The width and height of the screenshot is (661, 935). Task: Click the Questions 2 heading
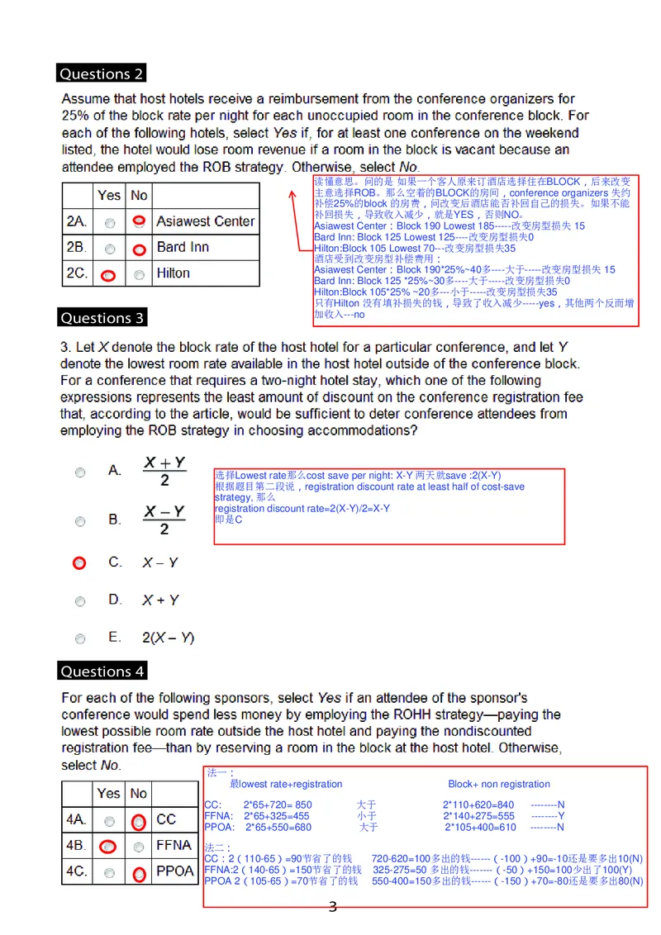[102, 74]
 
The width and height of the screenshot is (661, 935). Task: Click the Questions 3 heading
[102, 318]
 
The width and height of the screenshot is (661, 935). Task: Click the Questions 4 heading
[102, 672]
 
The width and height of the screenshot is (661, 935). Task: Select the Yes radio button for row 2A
[110, 222]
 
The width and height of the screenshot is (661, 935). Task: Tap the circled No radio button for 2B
[139, 249]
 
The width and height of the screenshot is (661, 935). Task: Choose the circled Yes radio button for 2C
[109, 275]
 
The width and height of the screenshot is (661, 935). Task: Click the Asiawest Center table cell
[205, 221]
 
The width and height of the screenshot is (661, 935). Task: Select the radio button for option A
[80, 472]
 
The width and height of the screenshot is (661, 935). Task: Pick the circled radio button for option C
[79, 563]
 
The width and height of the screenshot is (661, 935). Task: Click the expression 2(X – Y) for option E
[168, 638]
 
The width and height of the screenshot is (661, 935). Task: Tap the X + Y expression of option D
[160, 600]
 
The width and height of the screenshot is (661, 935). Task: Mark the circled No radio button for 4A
[139, 821]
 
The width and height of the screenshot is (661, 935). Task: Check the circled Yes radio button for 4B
[107, 847]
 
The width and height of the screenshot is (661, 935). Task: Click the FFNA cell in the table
[174, 845]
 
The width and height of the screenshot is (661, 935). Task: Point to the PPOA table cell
[174, 871]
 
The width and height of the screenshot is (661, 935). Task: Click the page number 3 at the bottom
[332, 908]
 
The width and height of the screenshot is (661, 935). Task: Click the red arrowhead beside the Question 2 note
[292, 195]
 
